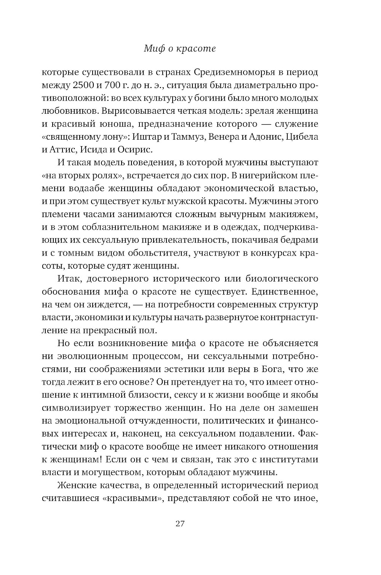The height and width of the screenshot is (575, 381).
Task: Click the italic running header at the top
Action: pos(180,48)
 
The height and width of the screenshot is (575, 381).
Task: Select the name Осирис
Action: pos(136,150)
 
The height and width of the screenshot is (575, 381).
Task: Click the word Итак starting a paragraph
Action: pos(68,279)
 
